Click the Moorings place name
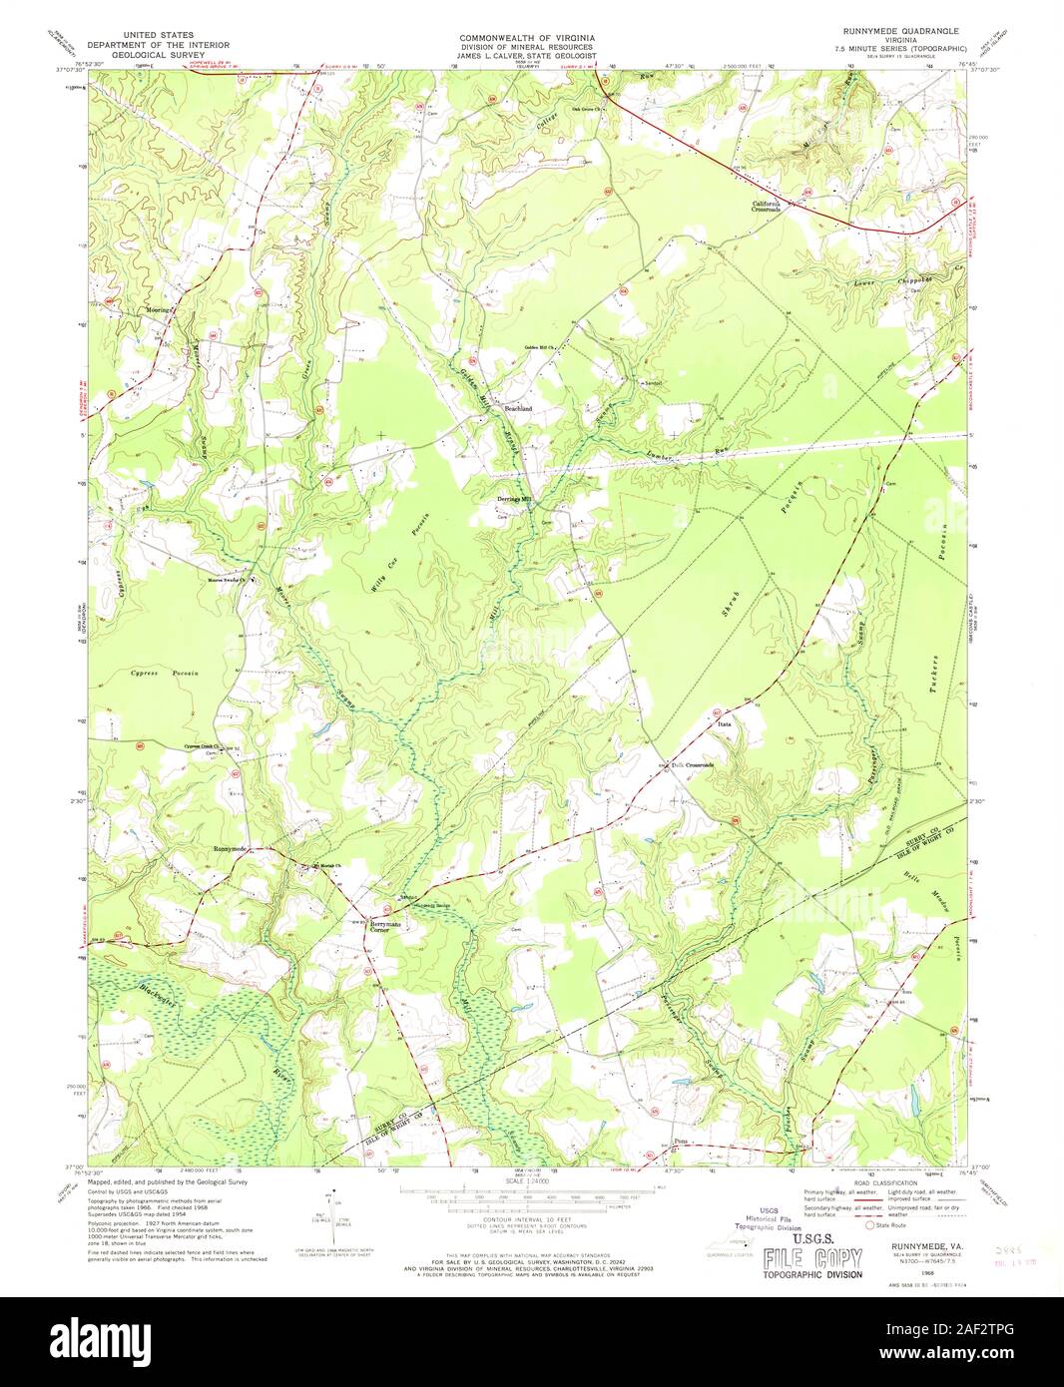tap(160, 309)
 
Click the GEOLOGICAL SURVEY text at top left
tap(158, 56)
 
